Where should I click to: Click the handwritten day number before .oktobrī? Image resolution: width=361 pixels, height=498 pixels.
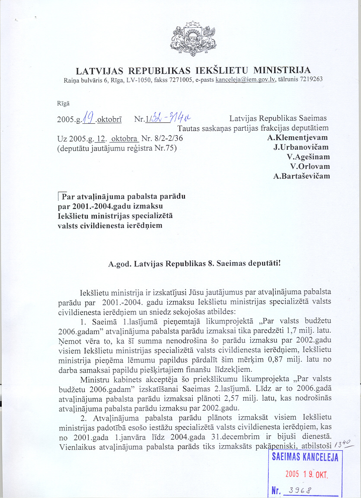(88, 117)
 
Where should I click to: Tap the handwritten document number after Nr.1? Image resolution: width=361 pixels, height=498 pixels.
(171, 117)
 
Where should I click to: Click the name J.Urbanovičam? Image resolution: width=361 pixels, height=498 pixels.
(300, 148)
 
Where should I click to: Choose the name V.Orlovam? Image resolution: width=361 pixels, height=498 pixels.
(310, 167)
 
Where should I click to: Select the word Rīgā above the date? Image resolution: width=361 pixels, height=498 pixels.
(63, 103)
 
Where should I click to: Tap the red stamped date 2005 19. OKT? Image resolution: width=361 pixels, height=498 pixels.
(307, 474)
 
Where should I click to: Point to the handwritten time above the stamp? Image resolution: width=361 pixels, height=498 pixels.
(344, 447)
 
